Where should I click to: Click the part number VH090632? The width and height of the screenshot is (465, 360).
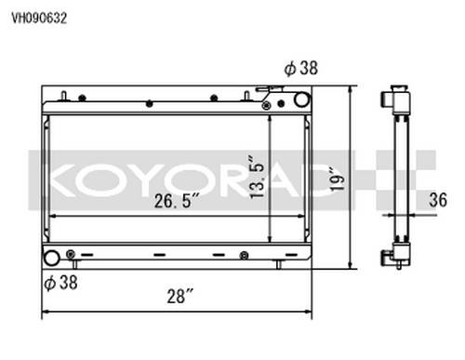(x=39, y=19)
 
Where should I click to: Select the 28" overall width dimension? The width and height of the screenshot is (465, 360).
(x=180, y=296)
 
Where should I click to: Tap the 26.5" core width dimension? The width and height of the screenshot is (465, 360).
(x=177, y=201)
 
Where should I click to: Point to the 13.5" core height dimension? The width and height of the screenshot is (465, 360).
(x=257, y=177)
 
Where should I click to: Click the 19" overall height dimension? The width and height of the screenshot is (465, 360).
(x=338, y=180)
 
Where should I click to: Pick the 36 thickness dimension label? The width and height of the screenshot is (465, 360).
(x=438, y=200)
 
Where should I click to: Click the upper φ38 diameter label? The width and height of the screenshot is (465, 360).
(x=301, y=68)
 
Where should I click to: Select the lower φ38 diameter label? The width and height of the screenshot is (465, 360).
(x=60, y=283)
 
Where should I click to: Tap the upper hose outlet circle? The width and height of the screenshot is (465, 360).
(x=301, y=100)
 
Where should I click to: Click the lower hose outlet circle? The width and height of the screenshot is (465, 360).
(x=51, y=259)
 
